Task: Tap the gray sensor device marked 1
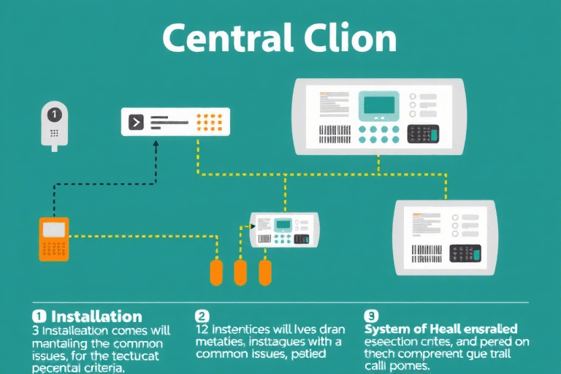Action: point(53,124)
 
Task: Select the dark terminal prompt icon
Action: point(136,122)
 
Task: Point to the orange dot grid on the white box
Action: point(210,121)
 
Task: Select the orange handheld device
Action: point(53,238)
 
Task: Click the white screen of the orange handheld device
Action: point(53,229)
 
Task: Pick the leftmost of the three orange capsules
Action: point(216,272)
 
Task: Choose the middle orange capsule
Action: point(240,272)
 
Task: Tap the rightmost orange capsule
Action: point(265,272)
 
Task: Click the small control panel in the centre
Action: point(284,229)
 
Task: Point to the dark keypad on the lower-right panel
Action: point(465,253)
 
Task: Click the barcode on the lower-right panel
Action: point(427,253)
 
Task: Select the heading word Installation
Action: point(96,316)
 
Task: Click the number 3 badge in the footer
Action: point(370,316)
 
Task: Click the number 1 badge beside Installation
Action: point(39,316)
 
